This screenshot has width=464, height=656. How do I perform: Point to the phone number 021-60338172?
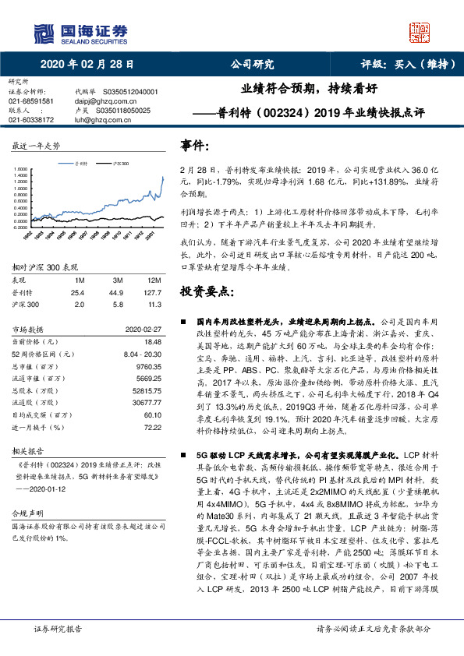31,120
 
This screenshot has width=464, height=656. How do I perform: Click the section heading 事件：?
196,145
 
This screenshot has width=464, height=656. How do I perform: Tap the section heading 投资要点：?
207,291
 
